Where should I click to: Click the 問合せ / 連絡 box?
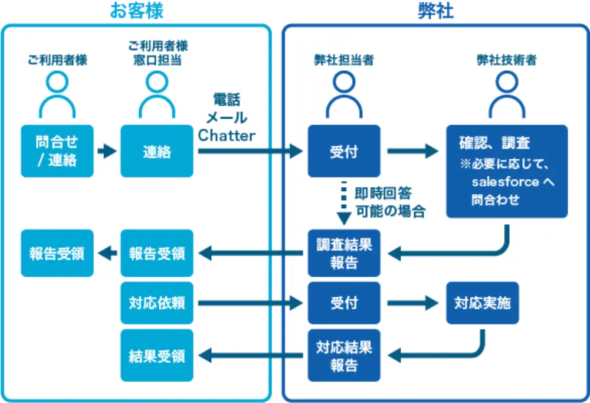coord(57,151)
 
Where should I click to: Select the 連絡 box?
coord(157,151)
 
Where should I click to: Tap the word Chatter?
coord(227,136)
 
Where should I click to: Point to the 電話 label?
coord(227,99)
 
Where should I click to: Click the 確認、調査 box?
coord(506,171)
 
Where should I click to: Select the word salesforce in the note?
coord(505,182)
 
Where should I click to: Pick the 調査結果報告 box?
coord(344,253)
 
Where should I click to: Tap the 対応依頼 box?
coord(157,303)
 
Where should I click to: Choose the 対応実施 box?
coord(483,303)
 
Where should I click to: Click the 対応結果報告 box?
coord(344,355)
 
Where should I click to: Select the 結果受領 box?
coord(157,356)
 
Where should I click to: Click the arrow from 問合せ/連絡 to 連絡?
coord(107,152)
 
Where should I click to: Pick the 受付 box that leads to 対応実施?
coord(344,303)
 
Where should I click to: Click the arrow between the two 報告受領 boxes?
coord(107,254)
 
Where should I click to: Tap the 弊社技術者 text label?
coord(506,60)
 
